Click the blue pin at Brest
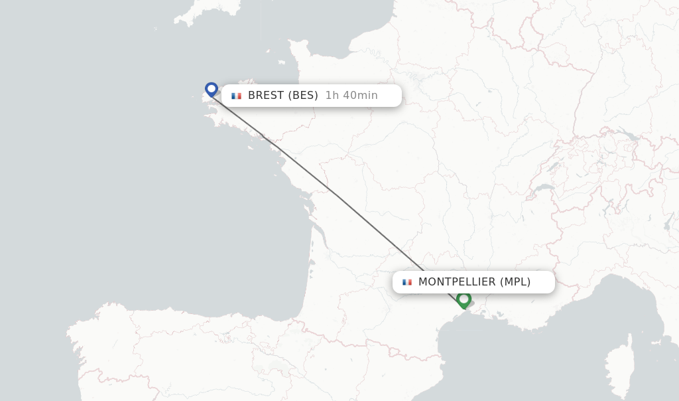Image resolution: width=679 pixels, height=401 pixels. (212, 89)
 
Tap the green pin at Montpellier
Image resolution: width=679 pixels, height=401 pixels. (463, 299)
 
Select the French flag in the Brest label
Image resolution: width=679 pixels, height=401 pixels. (236, 96)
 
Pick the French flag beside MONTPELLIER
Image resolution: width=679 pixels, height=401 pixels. (407, 282)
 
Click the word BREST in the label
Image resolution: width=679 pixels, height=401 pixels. (267, 96)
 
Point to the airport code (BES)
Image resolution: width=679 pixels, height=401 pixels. (303, 96)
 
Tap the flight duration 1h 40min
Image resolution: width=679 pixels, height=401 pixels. (351, 96)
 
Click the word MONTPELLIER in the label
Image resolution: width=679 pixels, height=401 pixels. (457, 282)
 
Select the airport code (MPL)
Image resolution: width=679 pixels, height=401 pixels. (515, 282)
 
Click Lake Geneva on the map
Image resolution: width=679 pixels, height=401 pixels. (544, 189)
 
